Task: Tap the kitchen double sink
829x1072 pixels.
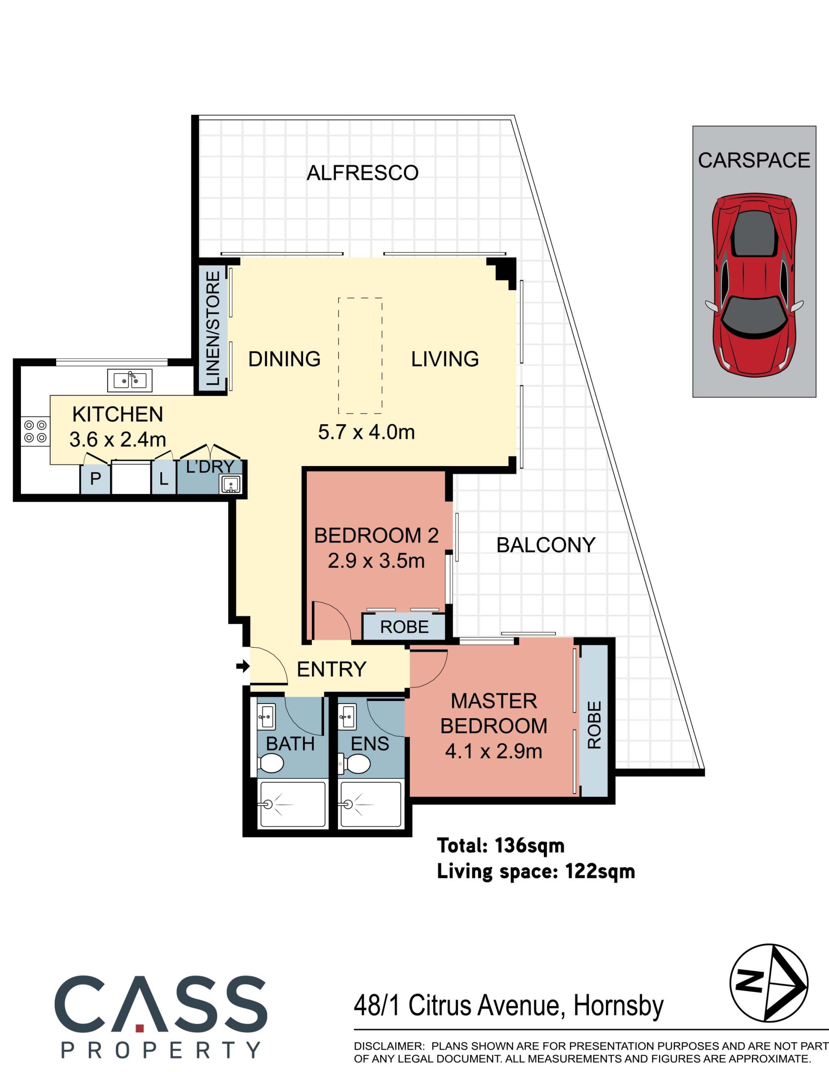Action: [x=129, y=380]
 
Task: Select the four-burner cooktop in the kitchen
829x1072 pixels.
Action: [x=35, y=431]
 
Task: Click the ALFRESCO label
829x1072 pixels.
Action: [x=362, y=173]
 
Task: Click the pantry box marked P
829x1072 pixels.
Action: [x=96, y=478]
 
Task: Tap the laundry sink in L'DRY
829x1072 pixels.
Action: [x=231, y=484]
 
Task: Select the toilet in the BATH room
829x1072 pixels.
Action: [x=270, y=764]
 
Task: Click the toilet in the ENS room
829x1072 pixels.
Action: [x=354, y=764]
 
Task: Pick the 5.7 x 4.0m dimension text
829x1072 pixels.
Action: [x=366, y=432]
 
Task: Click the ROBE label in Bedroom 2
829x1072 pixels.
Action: [x=404, y=627]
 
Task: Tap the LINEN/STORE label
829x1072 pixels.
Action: [x=213, y=328]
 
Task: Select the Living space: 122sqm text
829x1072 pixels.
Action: [x=536, y=872]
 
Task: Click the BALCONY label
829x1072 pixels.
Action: [x=546, y=545]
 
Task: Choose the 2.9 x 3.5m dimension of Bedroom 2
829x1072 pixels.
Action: [x=376, y=561]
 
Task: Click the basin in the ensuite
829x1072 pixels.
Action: [x=348, y=717]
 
